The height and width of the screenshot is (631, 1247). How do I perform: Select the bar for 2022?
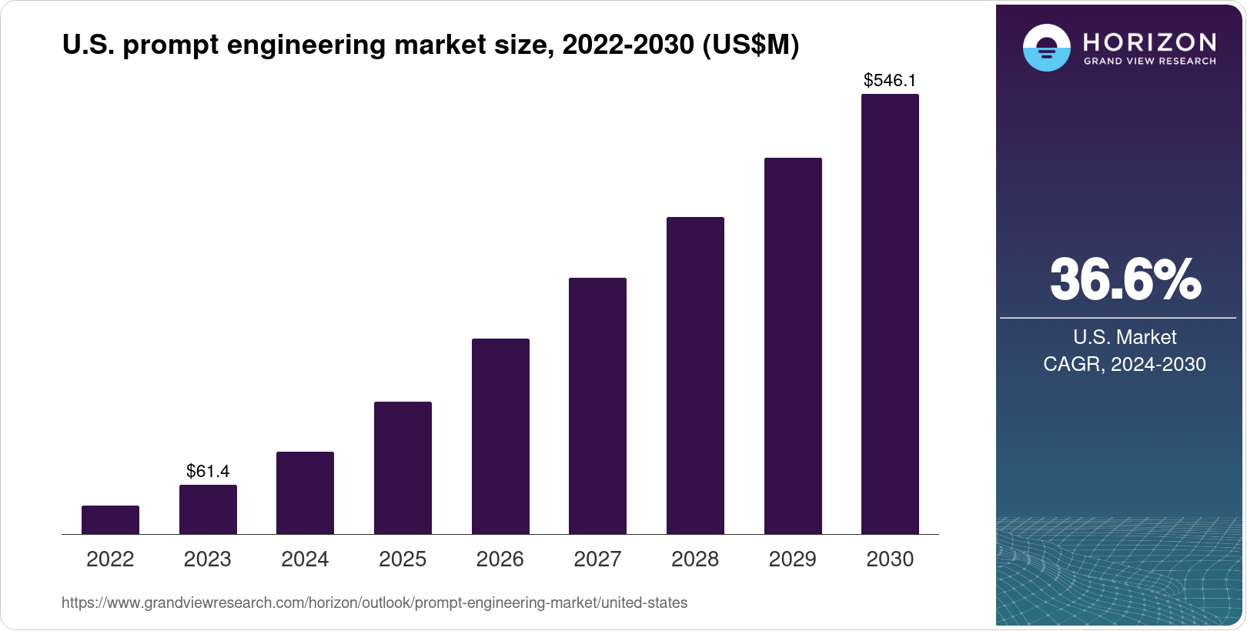coord(110,520)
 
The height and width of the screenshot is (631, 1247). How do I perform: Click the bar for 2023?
coord(208,509)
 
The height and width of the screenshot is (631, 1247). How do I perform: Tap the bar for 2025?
coord(403,468)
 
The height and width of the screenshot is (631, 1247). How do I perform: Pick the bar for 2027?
coord(597,406)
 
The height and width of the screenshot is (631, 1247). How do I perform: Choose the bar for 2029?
coord(793,346)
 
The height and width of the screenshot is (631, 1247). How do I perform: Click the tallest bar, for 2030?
coord(890,314)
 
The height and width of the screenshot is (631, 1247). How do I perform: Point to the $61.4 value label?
coord(208,471)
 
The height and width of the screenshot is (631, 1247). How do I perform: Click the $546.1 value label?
coord(890,80)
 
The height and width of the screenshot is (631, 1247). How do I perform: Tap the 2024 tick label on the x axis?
coord(305,559)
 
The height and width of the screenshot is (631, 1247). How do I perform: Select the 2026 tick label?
coord(500,559)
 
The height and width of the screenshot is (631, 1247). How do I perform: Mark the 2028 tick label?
coord(695,559)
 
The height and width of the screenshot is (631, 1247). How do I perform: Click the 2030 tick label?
coord(890,559)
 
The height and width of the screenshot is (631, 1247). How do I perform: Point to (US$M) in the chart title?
coord(751,45)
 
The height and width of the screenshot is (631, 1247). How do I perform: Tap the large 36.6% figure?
coord(1125,279)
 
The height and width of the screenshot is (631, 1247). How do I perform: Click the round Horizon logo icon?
coord(1046,48)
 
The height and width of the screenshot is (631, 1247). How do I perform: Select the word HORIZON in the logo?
coord(1149,42)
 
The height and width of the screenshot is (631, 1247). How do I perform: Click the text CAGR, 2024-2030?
coord(1125,364)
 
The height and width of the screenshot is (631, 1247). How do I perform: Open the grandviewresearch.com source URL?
coord(374,603)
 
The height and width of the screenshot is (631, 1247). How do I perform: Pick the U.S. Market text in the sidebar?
coord(1125,337)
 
